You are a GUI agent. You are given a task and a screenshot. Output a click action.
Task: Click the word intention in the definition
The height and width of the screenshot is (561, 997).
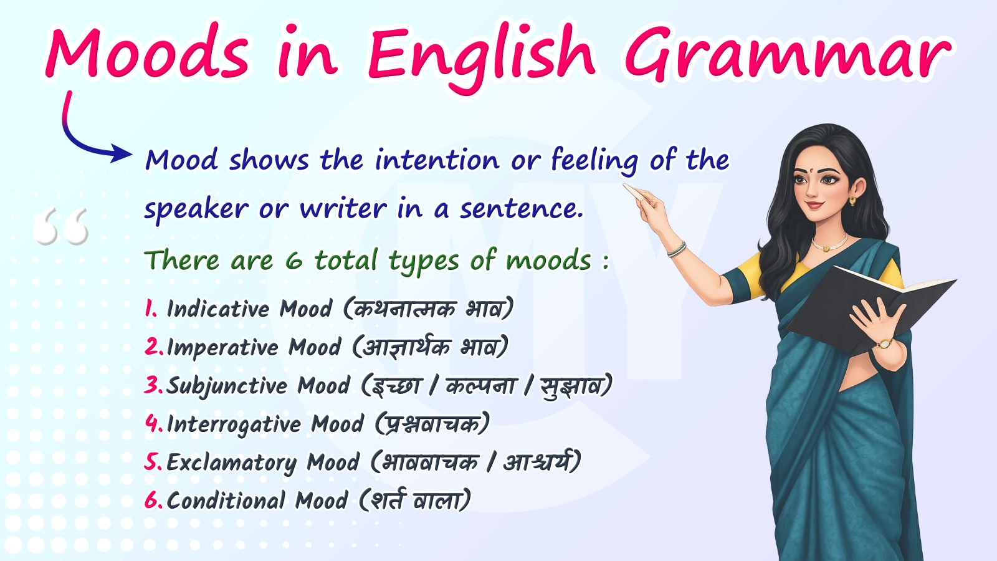coord(437,160)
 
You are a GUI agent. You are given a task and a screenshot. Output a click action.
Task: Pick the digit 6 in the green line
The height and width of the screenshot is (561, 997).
coord(293,261)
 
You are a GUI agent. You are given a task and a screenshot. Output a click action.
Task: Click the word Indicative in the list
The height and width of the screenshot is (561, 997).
coord(218,309)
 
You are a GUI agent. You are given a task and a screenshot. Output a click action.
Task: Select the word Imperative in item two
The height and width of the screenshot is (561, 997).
coord(222,348)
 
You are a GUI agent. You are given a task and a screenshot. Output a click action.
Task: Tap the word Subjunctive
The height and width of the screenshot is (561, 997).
coord(227,386)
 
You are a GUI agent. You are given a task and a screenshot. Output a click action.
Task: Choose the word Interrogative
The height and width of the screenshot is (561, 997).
coord(234,424)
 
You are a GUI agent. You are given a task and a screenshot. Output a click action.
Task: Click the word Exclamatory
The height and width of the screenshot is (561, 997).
coord(231,463)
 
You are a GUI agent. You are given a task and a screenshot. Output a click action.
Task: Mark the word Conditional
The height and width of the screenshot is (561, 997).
coord(226,501)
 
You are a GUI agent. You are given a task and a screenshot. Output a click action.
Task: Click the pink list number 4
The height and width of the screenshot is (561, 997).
coord(153,423)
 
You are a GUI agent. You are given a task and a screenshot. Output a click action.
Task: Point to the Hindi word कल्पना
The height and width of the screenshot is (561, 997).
coord(480,386)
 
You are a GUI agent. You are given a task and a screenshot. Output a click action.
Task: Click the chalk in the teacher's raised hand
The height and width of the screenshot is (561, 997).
coord(635,191)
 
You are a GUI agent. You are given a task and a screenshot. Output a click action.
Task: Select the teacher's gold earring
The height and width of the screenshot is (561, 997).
coord(852,201)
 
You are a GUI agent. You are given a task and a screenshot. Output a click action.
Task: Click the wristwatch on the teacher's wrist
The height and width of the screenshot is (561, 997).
coord(884,343)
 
